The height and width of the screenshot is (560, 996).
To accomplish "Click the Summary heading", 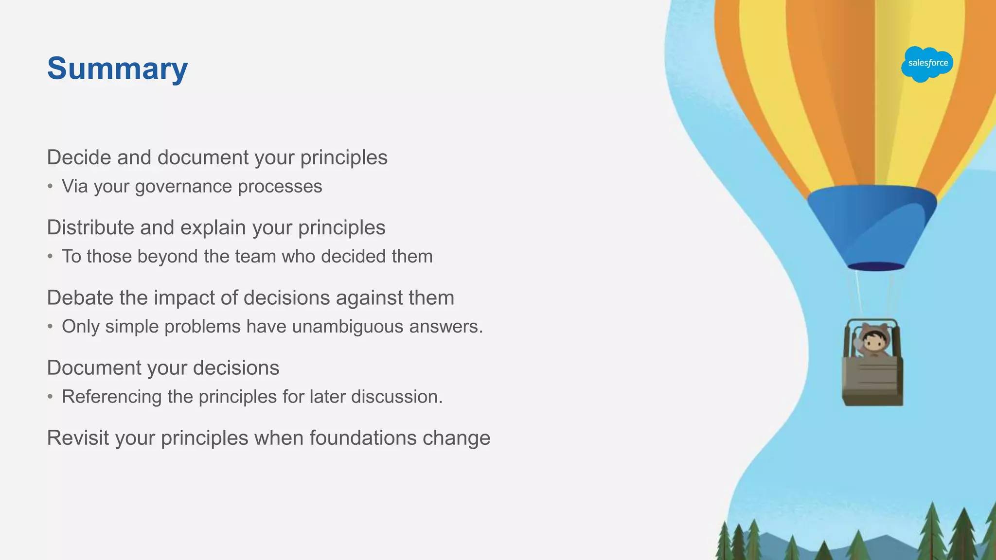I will (x=117, y=69).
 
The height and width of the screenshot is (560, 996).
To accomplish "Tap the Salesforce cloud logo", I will (x=927, y=64).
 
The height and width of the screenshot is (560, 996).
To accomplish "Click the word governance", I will (x=184, y=187).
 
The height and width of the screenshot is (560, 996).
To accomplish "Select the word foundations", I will (x=363, y=438).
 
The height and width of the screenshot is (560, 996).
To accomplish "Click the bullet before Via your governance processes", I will (x=50, y=187).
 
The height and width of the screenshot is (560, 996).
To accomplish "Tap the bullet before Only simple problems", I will (x=50, y=327).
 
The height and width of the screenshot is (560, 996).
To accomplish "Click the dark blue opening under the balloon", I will (x=876, y=266).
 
